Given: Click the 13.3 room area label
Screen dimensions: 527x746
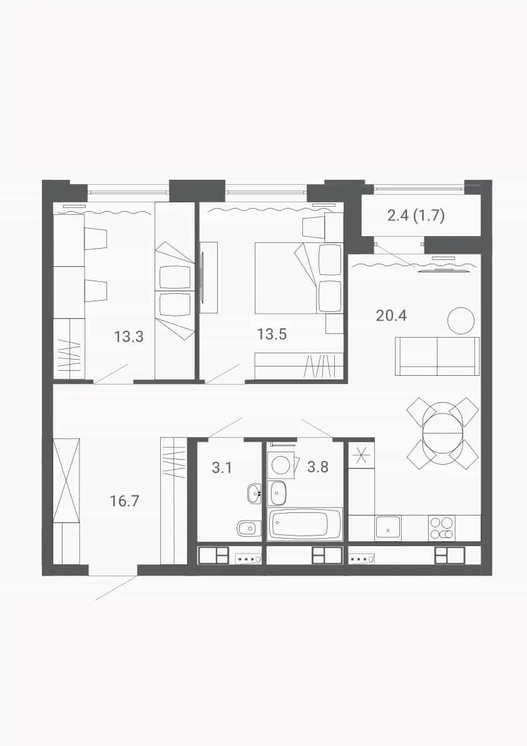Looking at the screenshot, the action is click(128, 337).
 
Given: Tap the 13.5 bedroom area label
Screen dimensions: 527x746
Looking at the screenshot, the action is click(272, 334).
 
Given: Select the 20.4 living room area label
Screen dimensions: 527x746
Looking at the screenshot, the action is click(391, 315).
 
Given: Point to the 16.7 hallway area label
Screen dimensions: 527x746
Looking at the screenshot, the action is click(124, 500).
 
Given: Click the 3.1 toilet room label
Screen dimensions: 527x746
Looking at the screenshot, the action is click(222, 467).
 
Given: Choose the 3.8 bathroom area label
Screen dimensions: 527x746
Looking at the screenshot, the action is click(317, 467).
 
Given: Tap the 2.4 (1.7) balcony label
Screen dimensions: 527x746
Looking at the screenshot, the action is click(416, 216).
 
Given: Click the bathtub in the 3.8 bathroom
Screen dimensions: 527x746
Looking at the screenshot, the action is click(305, 524).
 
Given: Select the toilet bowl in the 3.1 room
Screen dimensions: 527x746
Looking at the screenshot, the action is click(248, 527).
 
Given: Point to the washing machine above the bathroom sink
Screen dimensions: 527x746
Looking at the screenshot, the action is click(279, 464).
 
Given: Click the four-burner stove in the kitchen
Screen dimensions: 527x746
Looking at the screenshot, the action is click(441, 528).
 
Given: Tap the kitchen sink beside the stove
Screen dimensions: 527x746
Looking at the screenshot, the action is click(388, 528).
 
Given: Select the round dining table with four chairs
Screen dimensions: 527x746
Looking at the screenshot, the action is click(443, 433).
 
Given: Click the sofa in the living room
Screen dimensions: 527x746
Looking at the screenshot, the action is click(437, 356).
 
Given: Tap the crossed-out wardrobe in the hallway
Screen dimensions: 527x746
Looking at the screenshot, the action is click(66, 480).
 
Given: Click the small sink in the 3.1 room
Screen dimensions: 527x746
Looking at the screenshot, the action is click(254, 494).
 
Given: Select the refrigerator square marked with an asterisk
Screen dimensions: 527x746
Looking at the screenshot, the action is click(361, 455).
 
